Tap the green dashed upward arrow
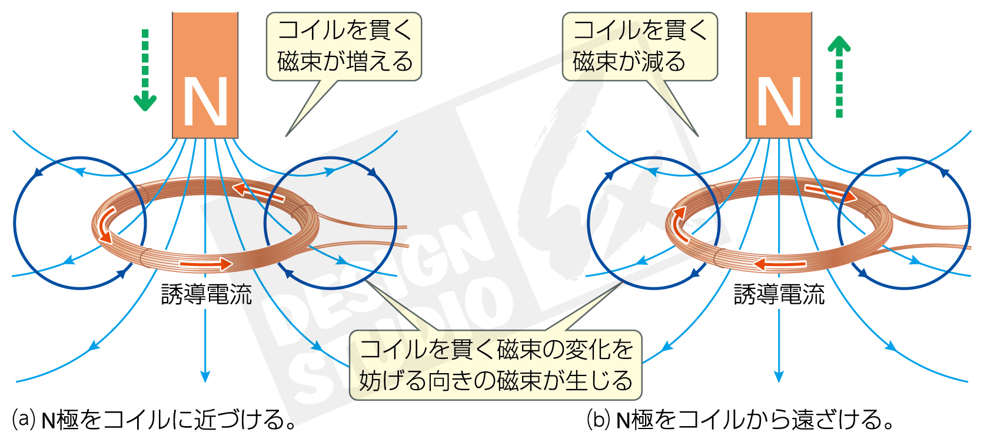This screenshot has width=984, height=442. coord(839,77)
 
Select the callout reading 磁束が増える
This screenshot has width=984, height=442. coord(344,46)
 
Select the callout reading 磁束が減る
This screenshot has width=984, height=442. coord(640,46)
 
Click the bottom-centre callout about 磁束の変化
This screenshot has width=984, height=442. coord(496,365)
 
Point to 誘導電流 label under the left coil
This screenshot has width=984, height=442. coord(207,294)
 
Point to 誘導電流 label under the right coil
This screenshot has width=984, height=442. coord(779,294)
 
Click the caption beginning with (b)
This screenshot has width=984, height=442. coord(740,420)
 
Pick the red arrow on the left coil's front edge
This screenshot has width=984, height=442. coord(206,264)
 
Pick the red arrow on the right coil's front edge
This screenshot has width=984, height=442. coord(780,264)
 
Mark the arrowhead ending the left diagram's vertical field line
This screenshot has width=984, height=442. coord(205,376)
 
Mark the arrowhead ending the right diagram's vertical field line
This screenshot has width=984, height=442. coord(779,376)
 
